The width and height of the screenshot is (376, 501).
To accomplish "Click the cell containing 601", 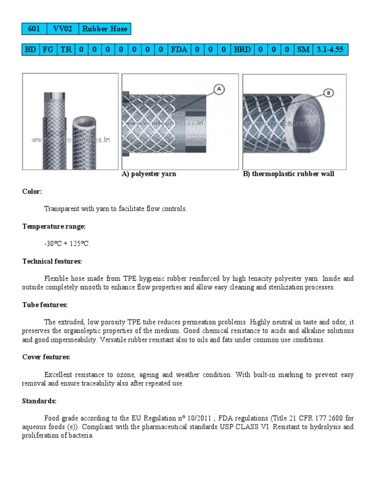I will (34, 29).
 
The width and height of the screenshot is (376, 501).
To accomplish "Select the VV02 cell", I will (62, 29).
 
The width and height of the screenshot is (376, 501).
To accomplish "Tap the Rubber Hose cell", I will (104, 29).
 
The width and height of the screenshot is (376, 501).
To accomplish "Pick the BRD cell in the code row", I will (242, 50).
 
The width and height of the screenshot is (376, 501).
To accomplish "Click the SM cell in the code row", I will (303, 50).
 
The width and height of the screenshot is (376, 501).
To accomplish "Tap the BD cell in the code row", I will (30, 50).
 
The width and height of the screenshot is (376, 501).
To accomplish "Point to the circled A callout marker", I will (218, 89).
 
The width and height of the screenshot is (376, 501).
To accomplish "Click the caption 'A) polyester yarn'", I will (149, 174).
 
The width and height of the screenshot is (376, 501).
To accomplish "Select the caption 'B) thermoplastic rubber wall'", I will (288, 174).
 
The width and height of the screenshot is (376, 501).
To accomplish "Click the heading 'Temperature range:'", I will (54, 226).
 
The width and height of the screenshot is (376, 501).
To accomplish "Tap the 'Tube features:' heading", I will (45, 305).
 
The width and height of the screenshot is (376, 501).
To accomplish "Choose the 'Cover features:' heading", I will (47, 357).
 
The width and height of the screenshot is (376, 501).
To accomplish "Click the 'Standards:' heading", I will (39, 401).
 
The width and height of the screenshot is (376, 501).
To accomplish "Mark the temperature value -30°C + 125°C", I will (67, 244).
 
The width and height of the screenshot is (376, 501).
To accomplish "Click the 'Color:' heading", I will (32, 191).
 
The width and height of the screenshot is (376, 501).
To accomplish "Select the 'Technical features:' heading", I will (52, 261).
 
